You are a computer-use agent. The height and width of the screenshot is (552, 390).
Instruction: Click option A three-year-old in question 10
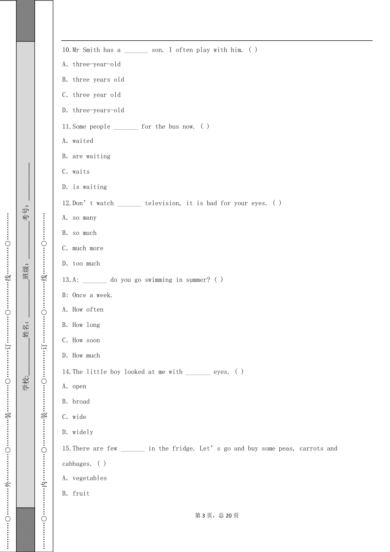(x=96, y=64)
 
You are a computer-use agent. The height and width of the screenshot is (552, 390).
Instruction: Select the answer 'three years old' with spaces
(x=98, y=80)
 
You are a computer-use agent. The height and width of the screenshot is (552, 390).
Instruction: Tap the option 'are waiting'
(x=91, y=156)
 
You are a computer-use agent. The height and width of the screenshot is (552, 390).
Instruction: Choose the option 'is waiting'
(x=90, y=187)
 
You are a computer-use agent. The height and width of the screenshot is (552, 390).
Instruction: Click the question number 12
(x=67, y=203)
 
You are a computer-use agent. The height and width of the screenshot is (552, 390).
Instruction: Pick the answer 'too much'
(x=86, y=263)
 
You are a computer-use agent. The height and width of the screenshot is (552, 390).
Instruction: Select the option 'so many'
(x=84, y=217)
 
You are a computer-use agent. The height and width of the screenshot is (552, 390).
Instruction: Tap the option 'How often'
(x=88, y=309)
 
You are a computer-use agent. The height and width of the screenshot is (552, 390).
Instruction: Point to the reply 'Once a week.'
(x=92, y=295)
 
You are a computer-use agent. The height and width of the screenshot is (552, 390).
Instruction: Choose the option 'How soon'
(x=86, y=340)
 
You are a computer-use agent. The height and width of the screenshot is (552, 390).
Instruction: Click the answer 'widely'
(x=83, y=432)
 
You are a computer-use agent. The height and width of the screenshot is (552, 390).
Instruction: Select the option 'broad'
(x=81, y=401)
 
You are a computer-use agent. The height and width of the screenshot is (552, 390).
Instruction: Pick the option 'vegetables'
(x=89, y=478)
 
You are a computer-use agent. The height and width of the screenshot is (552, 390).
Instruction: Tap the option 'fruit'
(x=81, y=493)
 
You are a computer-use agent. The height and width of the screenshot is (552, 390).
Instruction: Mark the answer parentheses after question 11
(x=205, y=126)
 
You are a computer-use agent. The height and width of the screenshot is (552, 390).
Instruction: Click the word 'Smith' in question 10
(x=91, y=50)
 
